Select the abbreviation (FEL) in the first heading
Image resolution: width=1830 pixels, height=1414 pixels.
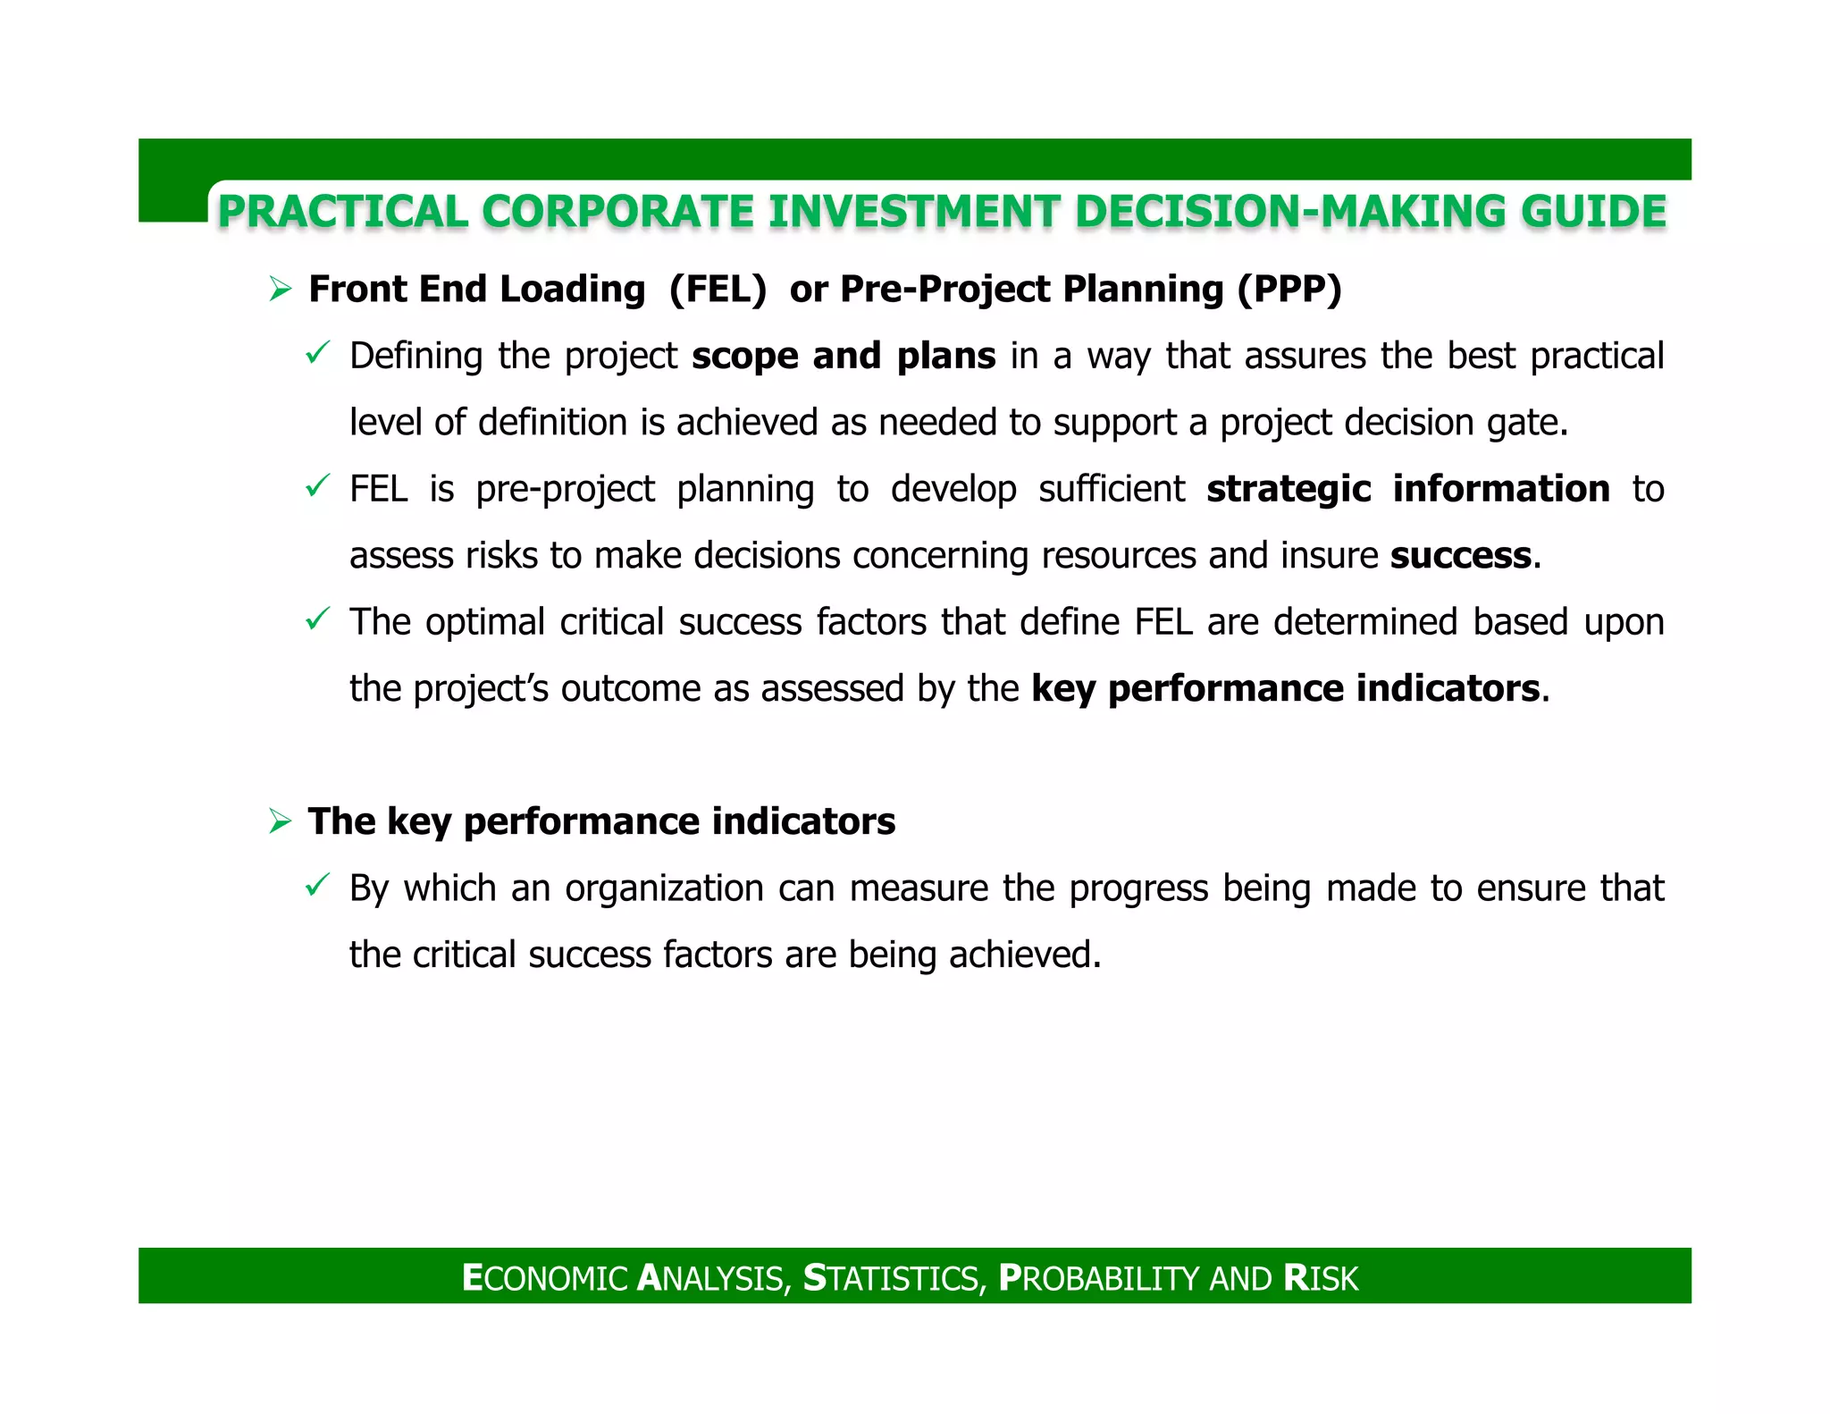coord(718,290)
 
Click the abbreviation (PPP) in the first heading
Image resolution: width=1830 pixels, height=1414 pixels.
coord(1289,290)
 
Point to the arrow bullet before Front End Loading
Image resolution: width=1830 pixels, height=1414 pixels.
coord(281,290)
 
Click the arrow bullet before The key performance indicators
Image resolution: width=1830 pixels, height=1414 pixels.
coord(281,821)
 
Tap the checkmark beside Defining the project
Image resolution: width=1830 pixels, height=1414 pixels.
coord(318,353)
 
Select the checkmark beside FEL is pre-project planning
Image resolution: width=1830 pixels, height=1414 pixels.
coord(318,486)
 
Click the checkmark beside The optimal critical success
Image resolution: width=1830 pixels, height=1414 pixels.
coord(318,619)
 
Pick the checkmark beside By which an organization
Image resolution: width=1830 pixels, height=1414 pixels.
coord(318,886)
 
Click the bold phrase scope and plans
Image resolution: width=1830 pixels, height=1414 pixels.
coord(844,357)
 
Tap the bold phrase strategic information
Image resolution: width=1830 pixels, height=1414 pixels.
coord(1408,490)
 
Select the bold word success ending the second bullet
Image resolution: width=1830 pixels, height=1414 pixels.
coord(1460,556)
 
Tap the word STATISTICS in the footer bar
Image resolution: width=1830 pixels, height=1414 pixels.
coord(894,1278)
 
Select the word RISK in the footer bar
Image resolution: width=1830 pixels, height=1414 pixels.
coord(1320,1278)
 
